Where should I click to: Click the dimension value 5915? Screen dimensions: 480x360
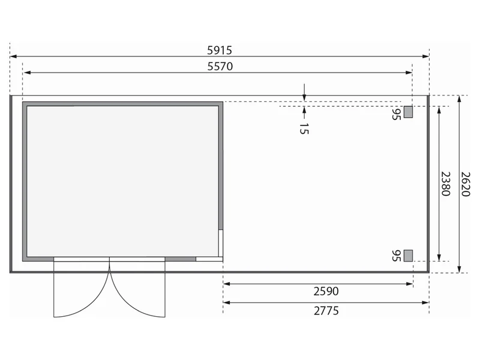click(x=220, y=50)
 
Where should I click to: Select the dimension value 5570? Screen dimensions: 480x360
click(x=220, y=66)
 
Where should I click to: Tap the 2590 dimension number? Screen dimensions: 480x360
click(x=326, y=291)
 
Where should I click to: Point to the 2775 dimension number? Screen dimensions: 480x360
click(x=326, y=311)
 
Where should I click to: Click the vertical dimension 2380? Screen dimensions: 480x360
click(x=445, y=184)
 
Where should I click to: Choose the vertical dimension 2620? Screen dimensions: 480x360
click(x=466, y=184)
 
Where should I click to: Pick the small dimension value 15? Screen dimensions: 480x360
click(x=304, y=128)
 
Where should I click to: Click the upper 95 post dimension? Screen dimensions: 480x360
click(x=396, y=113)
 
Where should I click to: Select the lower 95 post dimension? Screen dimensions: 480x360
click(x=396, y=256)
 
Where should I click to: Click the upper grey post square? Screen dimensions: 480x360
click(x=408, y=112)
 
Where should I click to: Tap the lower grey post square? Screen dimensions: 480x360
click(x=408, y=256)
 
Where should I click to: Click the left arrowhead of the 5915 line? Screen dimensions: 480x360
click(x=13, y=56)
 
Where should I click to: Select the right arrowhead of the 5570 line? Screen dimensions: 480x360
click(x=409, y=73)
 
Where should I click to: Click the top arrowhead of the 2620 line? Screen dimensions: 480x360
click(x=459, y=99)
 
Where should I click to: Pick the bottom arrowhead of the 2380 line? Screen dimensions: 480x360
click(x=439, y=257)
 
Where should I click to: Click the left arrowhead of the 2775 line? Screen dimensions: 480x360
click(x=227, y=303)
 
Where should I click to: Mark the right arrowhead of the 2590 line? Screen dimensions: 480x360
click(x=410, y=284)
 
